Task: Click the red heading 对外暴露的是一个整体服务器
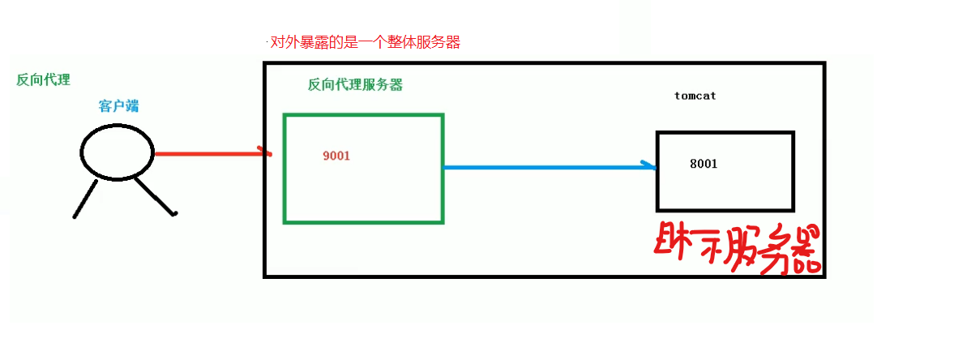coord(366,43)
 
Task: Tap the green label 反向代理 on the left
coord(43,79)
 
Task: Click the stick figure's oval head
coord(118,152)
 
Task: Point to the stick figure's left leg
coord(85,199)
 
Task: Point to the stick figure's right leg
coord(155,196)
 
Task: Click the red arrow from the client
coord(207,153)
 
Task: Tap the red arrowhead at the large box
coord(266,152)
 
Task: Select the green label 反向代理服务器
coord(355,85)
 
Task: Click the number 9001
coord(336,156)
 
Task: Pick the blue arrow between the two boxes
coord(547,168)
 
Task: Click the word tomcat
coord(695,96)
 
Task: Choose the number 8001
coord(704,164)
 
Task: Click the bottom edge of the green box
coord(363,221)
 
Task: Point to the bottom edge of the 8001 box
coord(725,209)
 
